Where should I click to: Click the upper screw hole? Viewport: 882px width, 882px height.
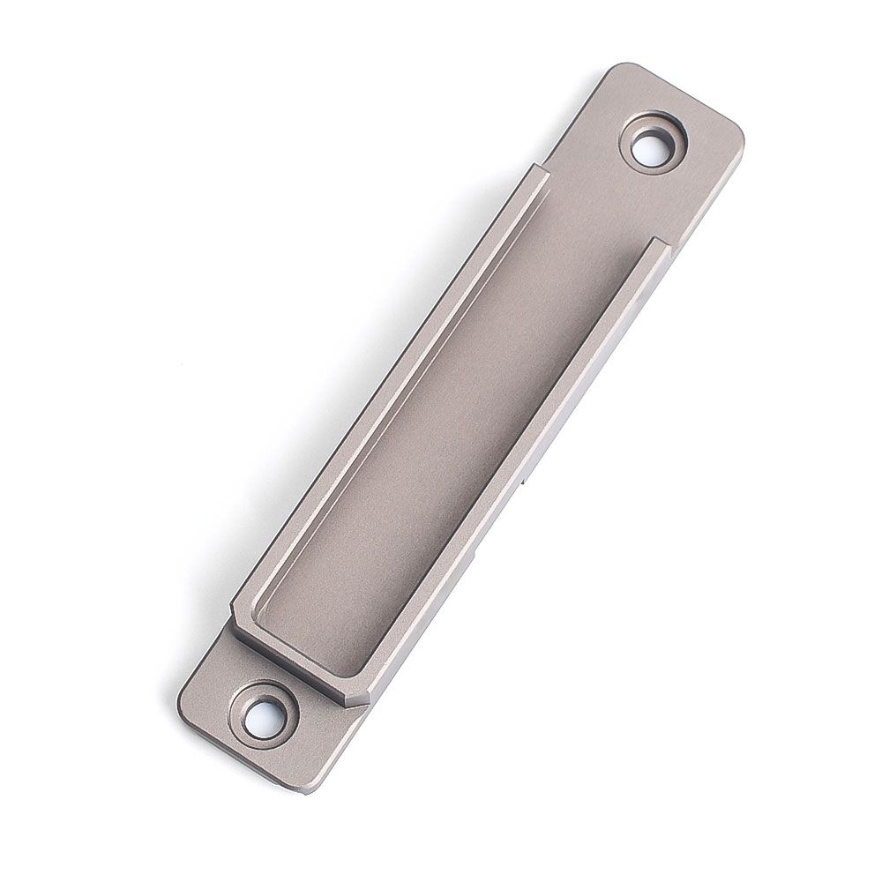653,143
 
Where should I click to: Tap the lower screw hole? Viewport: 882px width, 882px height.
260,710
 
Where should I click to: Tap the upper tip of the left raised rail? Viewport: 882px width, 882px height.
539,170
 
